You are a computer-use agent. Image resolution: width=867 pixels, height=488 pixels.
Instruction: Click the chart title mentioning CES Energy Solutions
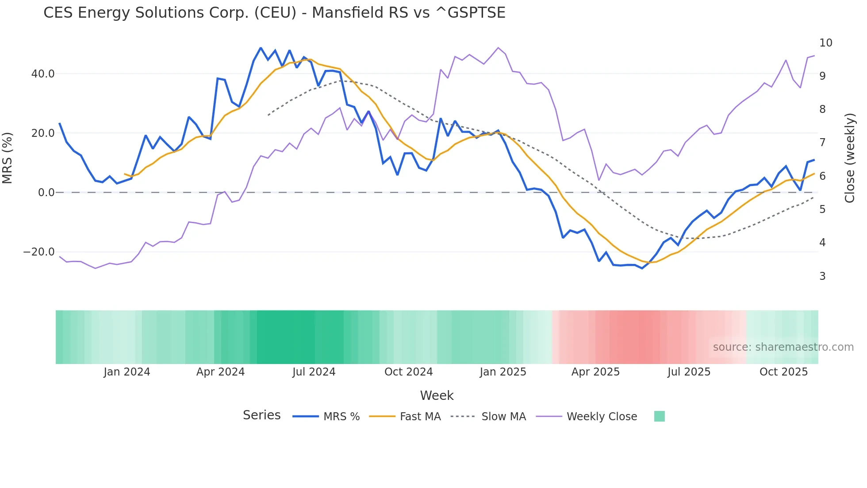point(274,13)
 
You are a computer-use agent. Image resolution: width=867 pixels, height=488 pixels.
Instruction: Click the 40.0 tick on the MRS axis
point(43,74)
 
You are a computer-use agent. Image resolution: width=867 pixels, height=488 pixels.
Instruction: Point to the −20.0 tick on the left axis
point(39,252)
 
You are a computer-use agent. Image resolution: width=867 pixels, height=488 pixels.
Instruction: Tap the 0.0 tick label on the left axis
point(46,193)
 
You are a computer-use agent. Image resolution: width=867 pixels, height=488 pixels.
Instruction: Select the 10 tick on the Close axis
point(825,43)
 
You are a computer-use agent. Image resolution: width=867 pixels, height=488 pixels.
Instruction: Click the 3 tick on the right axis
point(822,276)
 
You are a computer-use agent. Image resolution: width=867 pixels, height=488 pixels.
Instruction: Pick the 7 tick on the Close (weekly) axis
point(822,143)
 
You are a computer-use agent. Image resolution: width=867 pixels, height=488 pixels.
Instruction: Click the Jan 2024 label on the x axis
point(127,372)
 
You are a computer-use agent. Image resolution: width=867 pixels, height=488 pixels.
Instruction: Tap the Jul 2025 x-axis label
point(689,372)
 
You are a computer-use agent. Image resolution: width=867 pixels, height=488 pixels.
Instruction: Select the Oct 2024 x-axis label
point(408,372)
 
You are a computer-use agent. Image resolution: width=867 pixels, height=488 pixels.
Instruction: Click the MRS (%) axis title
point(8,158)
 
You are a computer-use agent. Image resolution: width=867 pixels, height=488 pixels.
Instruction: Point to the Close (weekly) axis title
point(850,158)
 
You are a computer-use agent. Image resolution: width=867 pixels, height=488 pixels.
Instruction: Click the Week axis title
point(437,395)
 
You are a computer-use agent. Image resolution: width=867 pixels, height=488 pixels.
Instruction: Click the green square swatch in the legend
point(659,416)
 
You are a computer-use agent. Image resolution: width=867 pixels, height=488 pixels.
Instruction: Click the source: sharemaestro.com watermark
point(783,347)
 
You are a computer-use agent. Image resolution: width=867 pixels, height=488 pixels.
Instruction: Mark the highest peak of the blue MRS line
point(261,48)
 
